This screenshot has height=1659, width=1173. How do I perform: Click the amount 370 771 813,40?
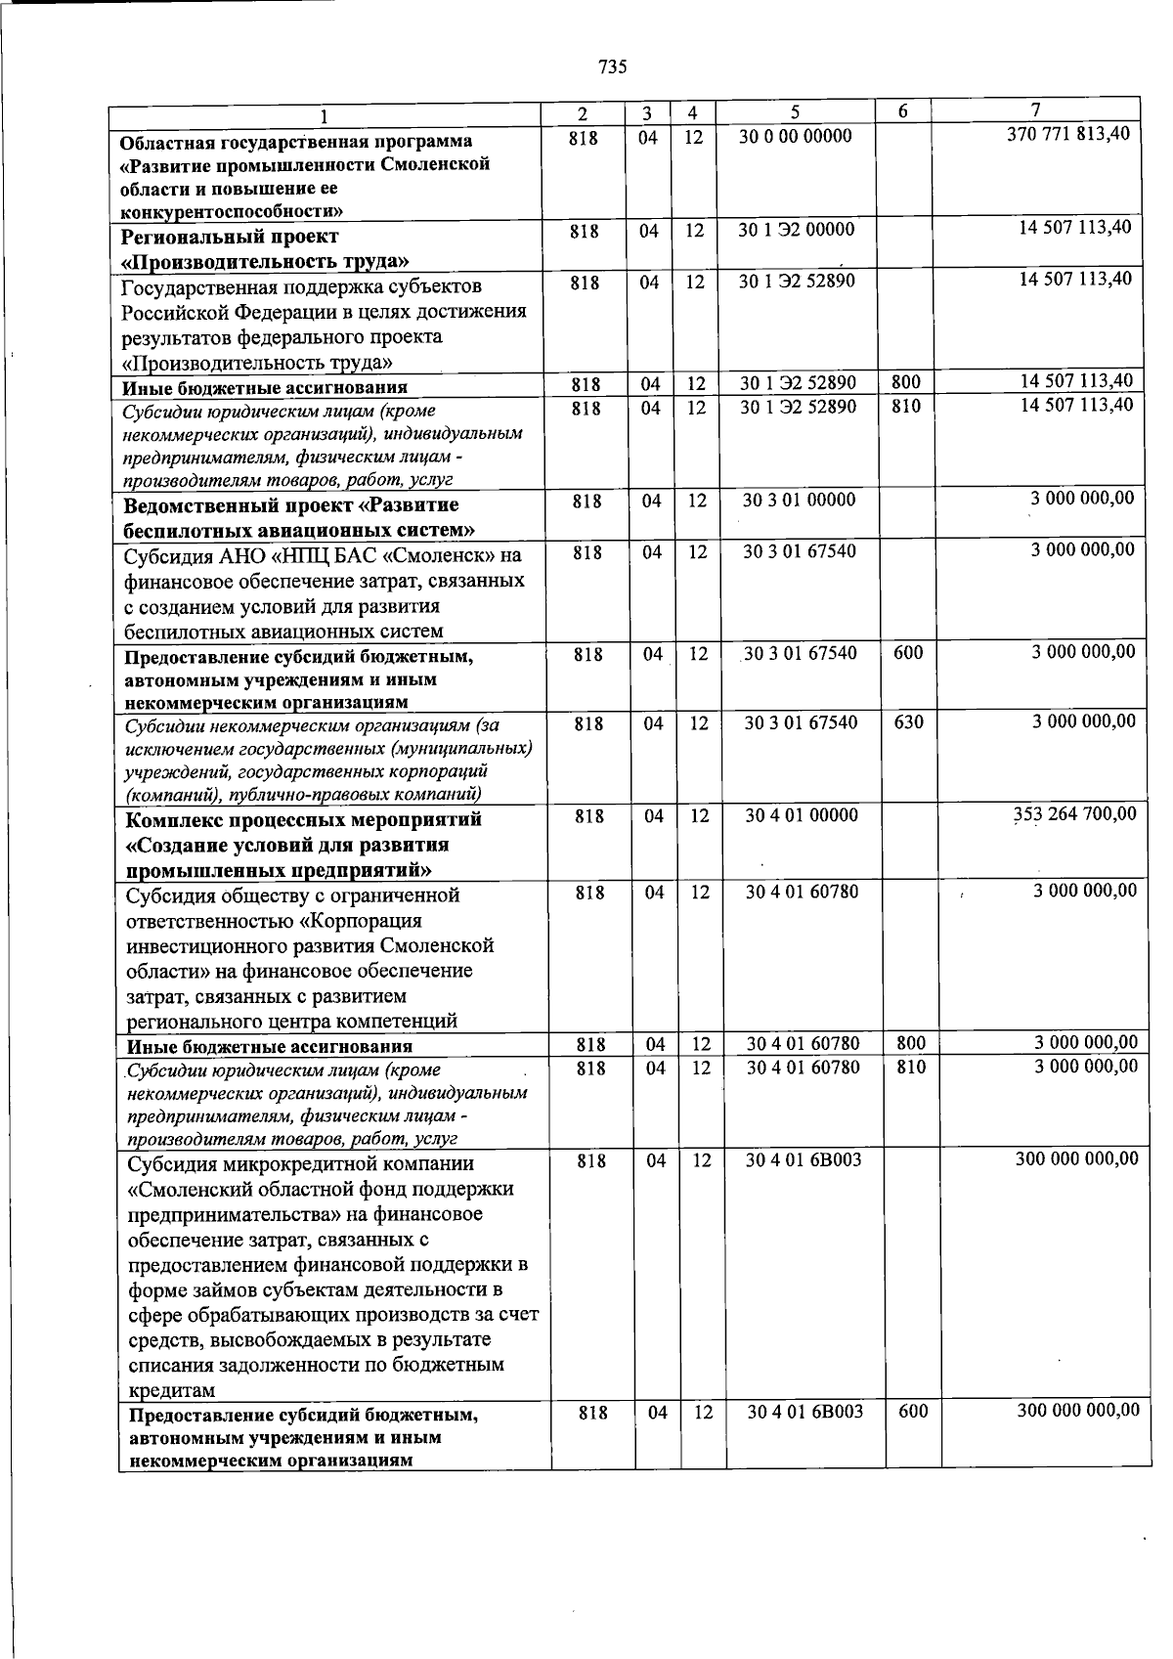(1068, 135)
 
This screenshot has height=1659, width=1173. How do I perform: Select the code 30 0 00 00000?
(795, 137)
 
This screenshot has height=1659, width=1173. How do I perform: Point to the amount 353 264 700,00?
(1074, 814)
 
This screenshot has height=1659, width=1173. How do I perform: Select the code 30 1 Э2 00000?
(797, 230)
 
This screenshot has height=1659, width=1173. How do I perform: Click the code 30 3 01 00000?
(799, 501)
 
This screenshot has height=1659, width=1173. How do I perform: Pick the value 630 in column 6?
(908, 722)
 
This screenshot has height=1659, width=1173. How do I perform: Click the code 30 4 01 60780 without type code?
(803, 892)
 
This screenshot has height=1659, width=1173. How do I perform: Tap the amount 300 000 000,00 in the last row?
(1077, 1411)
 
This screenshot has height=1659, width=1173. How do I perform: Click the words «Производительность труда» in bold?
(264, 261)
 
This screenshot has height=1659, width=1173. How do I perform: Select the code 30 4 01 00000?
(802, 815)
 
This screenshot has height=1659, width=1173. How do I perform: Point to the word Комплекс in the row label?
(174, 819)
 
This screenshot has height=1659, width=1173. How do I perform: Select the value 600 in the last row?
(912, 1412)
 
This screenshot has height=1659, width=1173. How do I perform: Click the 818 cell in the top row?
(583, 138)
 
